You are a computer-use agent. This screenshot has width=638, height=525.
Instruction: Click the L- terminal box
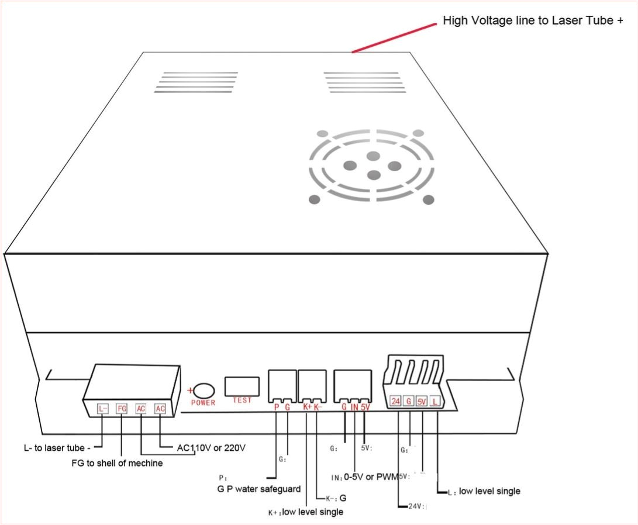(x=102, y=409)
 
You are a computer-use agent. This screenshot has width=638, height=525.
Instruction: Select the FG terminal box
(x=122, y=409)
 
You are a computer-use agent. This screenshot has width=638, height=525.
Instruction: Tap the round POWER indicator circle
(x=205, y=391)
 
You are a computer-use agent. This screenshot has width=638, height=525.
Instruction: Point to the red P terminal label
(x=277, y=407)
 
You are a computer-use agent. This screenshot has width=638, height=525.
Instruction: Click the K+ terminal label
(x=307, y=407)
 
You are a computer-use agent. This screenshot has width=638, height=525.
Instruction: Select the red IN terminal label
(x=354, y=407)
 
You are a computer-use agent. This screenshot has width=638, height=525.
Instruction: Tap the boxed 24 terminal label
(x=396, y=402)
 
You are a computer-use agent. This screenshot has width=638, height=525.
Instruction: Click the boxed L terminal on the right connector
(x=436, y=402)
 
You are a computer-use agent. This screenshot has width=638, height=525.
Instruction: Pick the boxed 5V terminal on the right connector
(x=422, y=402)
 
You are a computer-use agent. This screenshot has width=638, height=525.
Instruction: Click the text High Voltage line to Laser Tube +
(x=533, y=21)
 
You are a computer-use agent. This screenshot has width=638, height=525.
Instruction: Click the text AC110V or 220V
(x=211, y=448)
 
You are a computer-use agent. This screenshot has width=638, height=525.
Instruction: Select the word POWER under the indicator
(x=204, y=403)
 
